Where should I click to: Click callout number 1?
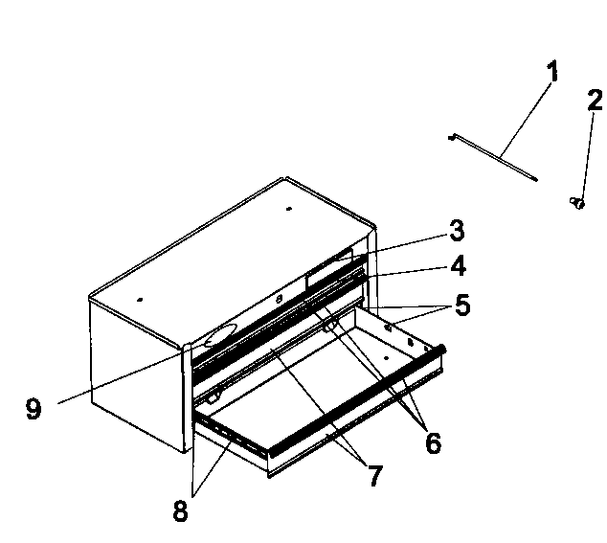(553, 71)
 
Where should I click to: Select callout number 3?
(457, 231)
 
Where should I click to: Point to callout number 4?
(458, 265)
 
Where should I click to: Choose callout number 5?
(462, 305)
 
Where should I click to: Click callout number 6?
(433, 442)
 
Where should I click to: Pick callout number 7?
(374, 475)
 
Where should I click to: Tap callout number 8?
(180, 510)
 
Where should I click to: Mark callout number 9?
(34, 409)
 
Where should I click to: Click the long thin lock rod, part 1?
(493, 156)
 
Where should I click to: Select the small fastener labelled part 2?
(577, 203)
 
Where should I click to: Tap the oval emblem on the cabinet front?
(220, 335)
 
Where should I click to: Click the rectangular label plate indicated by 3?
(329, 269)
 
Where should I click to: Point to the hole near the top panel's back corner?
(288, 209)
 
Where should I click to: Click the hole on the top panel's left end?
(140, 300)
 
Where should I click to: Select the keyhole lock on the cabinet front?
(280, 299)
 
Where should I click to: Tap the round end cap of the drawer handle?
(441, 349)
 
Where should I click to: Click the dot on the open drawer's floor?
(386, 358)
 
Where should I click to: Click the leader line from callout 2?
(587, 156)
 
